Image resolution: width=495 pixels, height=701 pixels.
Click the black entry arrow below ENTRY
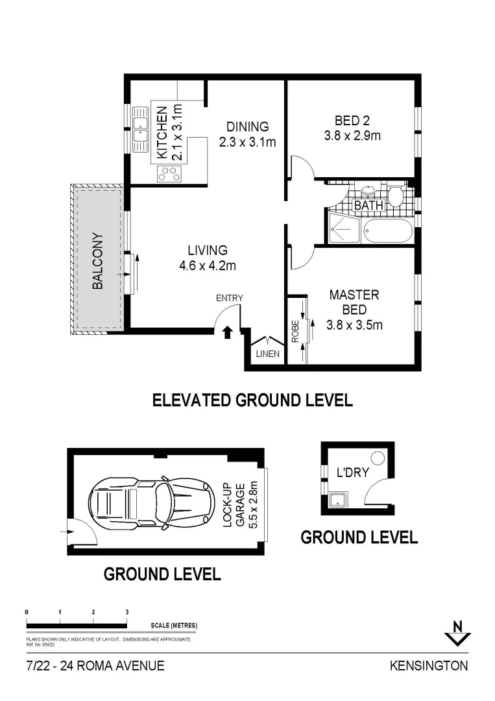coord(228,332)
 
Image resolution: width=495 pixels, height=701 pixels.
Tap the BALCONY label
coord(97,261)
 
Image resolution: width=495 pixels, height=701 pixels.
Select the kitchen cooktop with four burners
coord(169,173)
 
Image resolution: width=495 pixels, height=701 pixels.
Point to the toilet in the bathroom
coord(394,196)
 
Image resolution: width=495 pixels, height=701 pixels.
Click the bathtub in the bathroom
coord(388,230)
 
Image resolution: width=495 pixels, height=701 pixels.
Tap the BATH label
coord(368,205)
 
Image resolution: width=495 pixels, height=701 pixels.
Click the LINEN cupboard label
coord(267,354)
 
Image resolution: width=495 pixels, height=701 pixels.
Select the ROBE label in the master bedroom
coord(295,331)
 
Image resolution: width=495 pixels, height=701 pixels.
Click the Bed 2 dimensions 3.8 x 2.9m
coord(352,136)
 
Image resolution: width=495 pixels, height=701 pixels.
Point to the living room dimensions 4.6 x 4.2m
coord(208,265)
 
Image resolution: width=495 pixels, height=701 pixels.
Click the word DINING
coord(248,127)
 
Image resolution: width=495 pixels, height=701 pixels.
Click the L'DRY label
coord(352,472)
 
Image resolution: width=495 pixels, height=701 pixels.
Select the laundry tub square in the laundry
coord(339,499)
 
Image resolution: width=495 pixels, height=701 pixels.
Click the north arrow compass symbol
coord(457,633)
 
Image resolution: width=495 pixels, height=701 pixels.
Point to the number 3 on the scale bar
coord(127,612)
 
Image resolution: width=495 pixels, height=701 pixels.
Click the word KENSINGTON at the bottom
coord(429,666)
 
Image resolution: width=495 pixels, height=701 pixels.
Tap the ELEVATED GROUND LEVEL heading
coord(252,400)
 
